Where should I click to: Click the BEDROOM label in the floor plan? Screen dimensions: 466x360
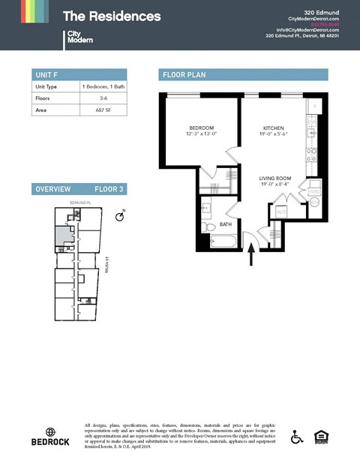click(x=202, y=128)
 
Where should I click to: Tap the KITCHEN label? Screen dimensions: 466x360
click(x=274, y=128)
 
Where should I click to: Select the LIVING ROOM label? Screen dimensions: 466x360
click(x=275, y=178)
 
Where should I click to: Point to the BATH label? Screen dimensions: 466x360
click(x=225, y=223)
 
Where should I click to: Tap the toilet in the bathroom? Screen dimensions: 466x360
click(x=209, y=225)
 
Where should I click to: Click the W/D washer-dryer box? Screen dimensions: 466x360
click(x=281, y=212)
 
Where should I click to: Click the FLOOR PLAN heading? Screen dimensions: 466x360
click(x=184, y=74)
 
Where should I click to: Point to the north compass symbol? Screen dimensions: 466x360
click(x=119, y=216)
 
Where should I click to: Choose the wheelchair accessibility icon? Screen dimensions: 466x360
click(x=297, y=436)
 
